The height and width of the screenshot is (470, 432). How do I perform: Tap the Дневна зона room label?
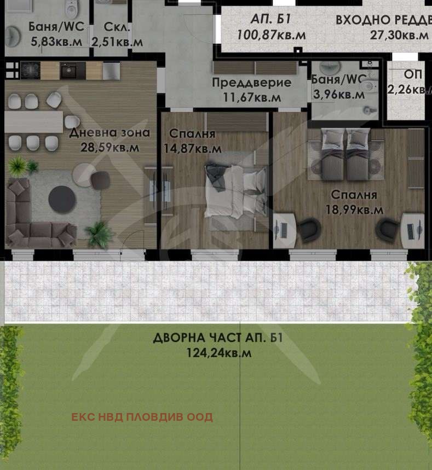[x=110, y=132]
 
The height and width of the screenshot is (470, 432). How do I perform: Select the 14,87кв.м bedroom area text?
[x=193, y=148]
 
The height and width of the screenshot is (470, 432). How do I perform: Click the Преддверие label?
[x=251, y=83]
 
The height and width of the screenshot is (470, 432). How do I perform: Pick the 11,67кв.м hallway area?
[x=251, y=97]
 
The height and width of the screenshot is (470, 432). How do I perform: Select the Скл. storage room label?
[x=117, y=27]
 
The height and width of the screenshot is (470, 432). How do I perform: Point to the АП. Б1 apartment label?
[x=270, y=20]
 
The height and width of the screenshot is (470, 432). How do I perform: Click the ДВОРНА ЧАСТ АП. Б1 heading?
[x=218, y=338]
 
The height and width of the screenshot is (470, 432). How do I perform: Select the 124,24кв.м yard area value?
[x=218, y=353]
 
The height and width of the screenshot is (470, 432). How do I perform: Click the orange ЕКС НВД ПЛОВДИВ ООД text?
[x=142, y=417]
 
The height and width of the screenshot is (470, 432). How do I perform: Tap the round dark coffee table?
[x=62, y=198]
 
